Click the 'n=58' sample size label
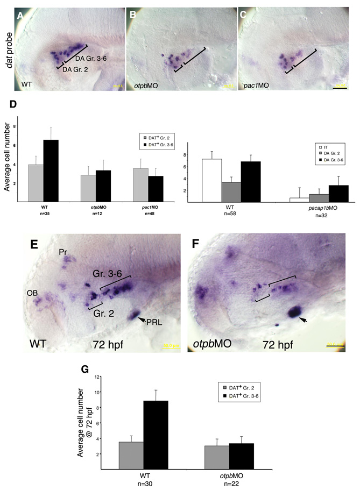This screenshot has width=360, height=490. pyautogui.click(x=237, y=213)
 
